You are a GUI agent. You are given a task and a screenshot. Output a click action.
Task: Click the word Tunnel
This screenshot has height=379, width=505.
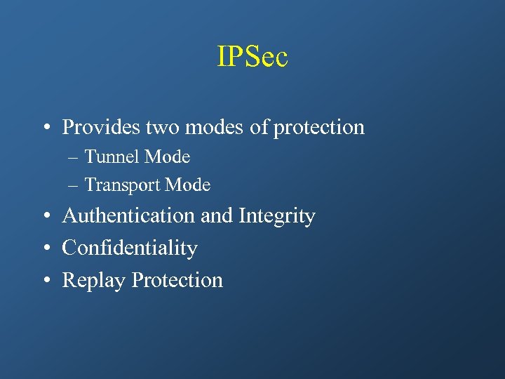(112, 157)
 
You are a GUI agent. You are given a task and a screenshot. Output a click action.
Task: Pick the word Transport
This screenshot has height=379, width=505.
(122, 185)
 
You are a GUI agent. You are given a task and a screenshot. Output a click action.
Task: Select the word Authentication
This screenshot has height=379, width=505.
(129, 216)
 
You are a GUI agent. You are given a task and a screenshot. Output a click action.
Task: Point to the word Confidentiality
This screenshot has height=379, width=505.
(130, 248)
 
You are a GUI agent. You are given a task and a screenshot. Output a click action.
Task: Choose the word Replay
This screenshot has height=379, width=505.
(94, 281)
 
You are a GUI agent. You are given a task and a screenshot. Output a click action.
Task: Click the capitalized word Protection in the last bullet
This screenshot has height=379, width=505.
(177, 280)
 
